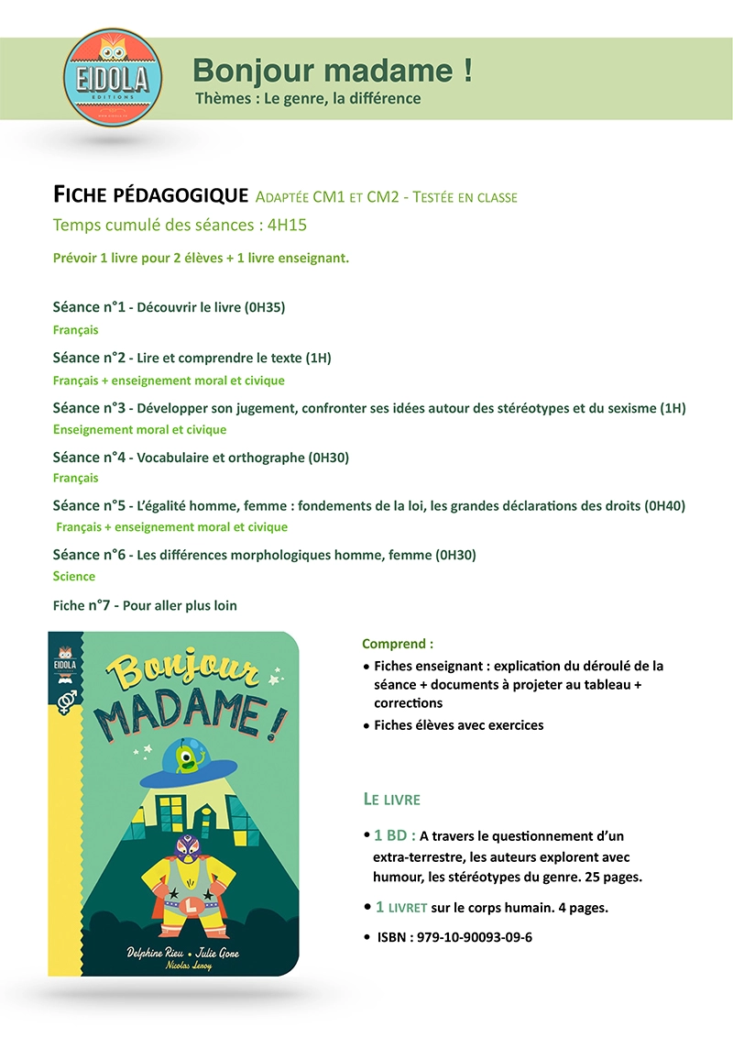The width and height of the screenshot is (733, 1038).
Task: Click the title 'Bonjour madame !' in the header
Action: click(333, 70)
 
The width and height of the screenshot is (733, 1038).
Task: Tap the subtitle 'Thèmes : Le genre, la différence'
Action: click(308, 98)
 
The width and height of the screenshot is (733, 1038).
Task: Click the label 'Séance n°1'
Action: click(88, 307)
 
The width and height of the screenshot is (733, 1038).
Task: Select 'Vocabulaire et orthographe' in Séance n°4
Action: click(220, 457)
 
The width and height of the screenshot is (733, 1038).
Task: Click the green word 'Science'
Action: click(74, 576)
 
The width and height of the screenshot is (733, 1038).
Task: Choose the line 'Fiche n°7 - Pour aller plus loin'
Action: click(145, 605)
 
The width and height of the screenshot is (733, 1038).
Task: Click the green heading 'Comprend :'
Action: click(398, 644)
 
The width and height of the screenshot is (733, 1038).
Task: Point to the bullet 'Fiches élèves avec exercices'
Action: click(458, 725)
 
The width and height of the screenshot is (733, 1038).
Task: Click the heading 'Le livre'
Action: click(392, 800)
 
